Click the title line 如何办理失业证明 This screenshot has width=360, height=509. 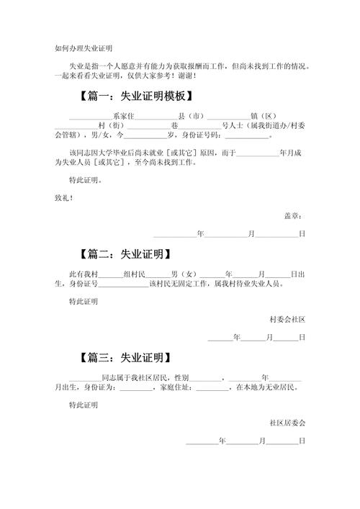click(x=84, y=49)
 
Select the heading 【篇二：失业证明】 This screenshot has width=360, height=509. click(x=125, y=254)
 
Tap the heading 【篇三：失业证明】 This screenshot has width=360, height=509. click(x=125, y=358)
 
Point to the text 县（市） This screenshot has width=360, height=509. click(x=192, y=116)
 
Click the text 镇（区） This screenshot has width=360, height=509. click(x=264, y=116)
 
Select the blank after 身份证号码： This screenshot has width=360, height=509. click(x=247, y=138)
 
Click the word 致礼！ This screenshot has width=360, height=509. click(x=64, y=198)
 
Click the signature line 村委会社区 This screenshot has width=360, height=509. click(x=287, y=320)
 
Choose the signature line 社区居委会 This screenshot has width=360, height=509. click(x=287, y=423)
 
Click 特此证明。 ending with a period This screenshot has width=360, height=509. click(x=86, y=180)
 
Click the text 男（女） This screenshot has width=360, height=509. click(x=184, y=274)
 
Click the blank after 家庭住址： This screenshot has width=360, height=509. click(x=212, y=390)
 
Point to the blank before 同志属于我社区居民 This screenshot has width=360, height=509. click(x=86, y=381)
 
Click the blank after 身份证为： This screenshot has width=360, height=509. click(x=136, y=390)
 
